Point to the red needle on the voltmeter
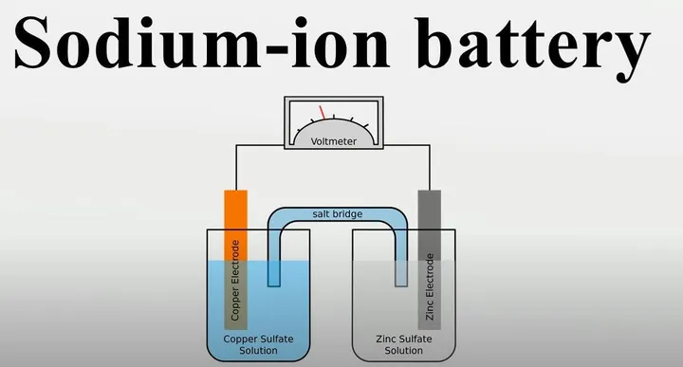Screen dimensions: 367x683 tap(323, 112)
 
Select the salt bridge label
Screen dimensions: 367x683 tap(337, 214)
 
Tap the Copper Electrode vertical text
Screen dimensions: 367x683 tap(235, 281)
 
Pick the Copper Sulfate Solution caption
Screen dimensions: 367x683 tap(251, 343)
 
